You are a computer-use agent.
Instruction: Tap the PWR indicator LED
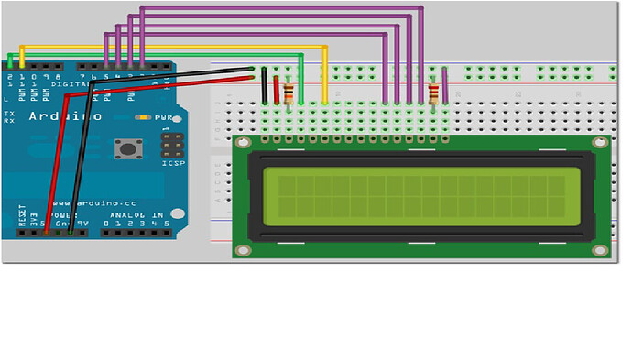pos(142,118)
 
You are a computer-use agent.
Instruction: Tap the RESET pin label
pos(21,216)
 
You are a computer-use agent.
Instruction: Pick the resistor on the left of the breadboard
pos(291,93)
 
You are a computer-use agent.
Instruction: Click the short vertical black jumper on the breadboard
pos(265,87)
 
